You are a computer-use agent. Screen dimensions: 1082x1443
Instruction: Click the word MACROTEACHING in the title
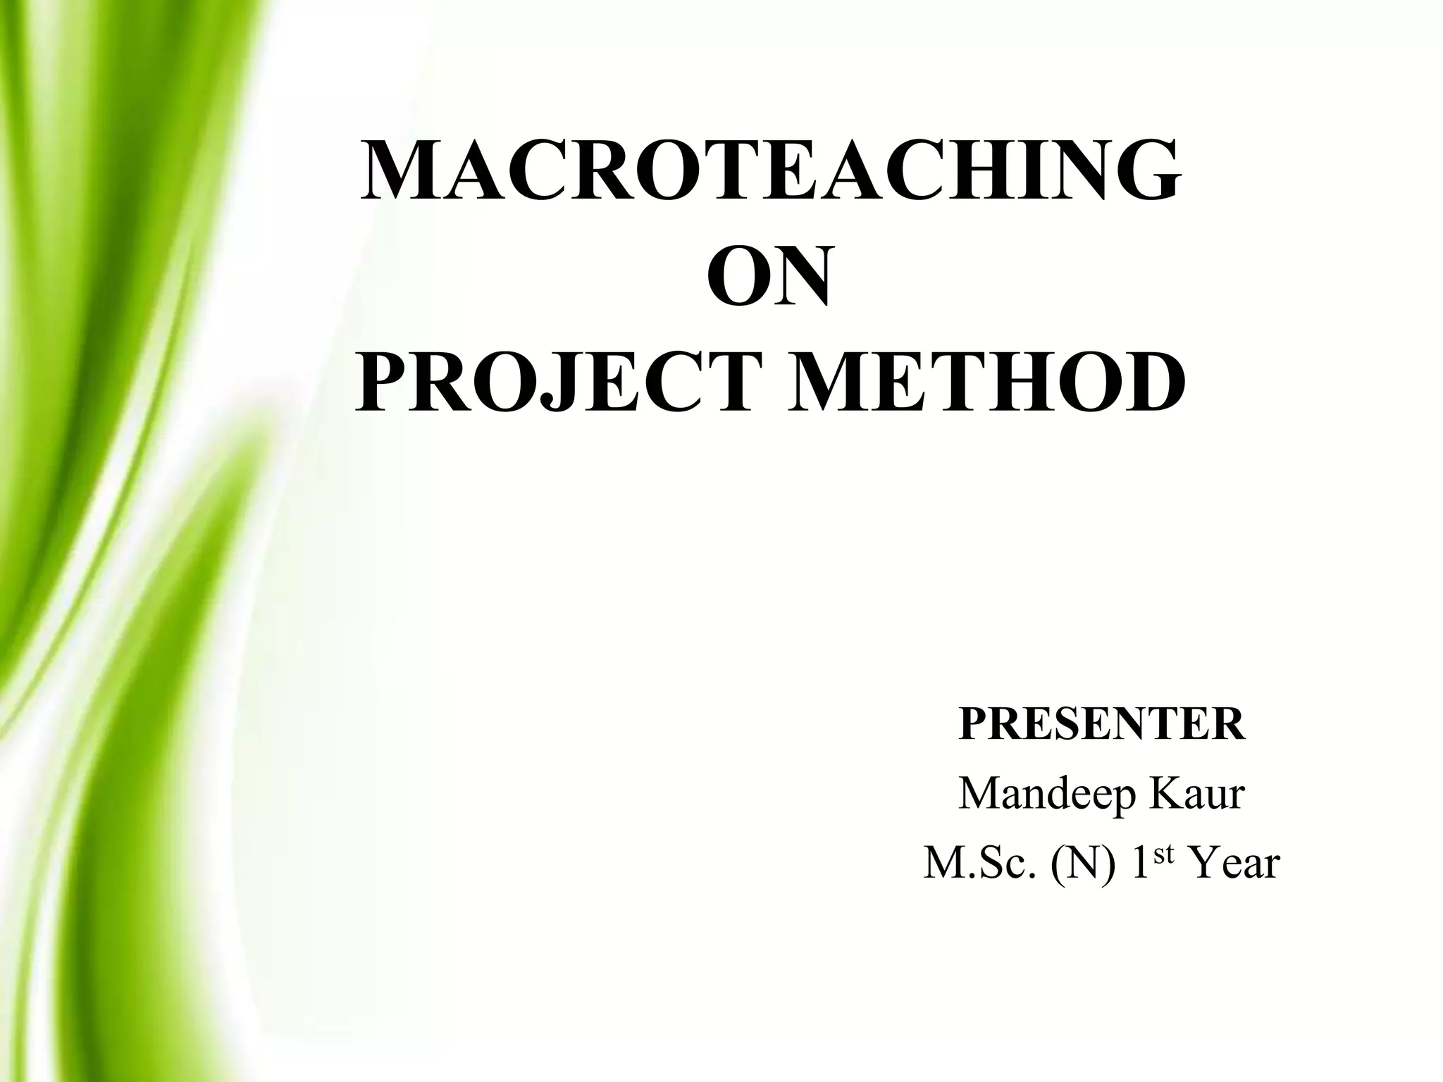point(769,172)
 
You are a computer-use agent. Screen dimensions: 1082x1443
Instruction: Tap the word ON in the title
point(769,278)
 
